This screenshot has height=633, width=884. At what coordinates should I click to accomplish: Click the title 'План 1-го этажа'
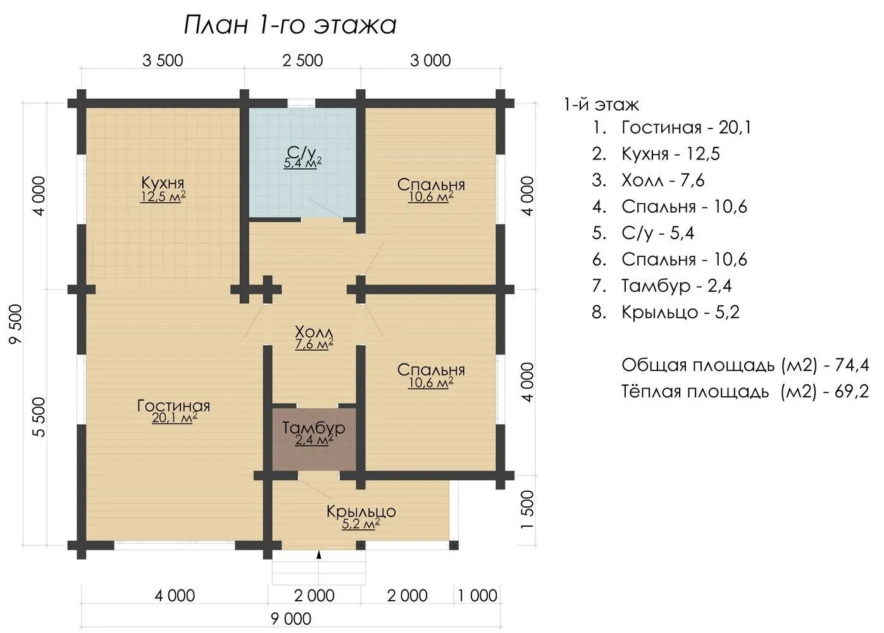click(290, 26)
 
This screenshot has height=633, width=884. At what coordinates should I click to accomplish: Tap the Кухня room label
click(163, 183)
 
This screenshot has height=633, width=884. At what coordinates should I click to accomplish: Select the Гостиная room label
click(173, 406)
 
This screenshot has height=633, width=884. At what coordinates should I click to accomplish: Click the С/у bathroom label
click(302, 152)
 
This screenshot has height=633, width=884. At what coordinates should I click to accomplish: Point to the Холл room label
click(314, 331)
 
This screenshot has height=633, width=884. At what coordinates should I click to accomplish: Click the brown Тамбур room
click(314, 439)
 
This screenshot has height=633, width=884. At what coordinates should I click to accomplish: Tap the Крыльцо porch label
click(361, 511)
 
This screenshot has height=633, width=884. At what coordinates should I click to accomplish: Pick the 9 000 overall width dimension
click(291, 619)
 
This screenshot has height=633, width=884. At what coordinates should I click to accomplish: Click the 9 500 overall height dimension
click(16, 324)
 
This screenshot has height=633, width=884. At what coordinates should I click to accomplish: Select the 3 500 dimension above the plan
click(163, 61)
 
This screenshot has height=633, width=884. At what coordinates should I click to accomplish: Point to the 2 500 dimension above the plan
click(302, 61)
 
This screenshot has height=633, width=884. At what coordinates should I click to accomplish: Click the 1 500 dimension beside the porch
click(527, 510)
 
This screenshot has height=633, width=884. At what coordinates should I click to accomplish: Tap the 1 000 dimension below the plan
click(478, 596)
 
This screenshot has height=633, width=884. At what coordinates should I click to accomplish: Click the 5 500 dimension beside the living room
click(39, 417)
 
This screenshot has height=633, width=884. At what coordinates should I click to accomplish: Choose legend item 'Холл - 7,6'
click(648, 180)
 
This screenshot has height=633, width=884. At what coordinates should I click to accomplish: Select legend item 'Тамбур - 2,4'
click(662, 285)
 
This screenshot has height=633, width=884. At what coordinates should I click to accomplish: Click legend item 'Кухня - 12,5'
click(656, 154)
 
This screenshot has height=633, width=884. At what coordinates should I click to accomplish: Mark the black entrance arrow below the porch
click(319, 555)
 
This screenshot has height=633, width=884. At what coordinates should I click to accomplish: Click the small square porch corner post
click(454, 546)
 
